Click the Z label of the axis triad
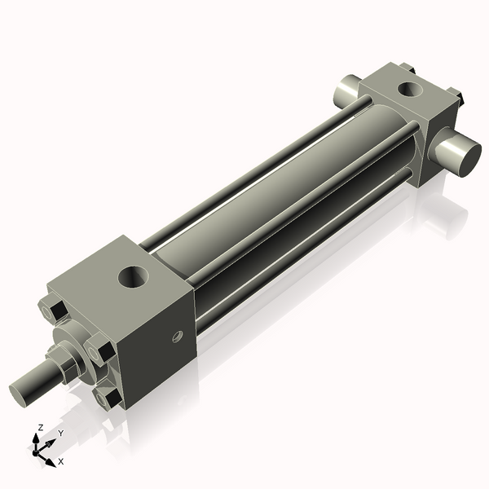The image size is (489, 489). click(41, 427)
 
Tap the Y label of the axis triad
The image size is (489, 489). click(60, 434)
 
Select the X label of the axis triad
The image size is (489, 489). click(60, 461)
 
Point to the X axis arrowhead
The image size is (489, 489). click(52, 456)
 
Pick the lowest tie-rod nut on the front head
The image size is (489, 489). click(107, 397)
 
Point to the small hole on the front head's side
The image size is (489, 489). click(175, 336)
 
